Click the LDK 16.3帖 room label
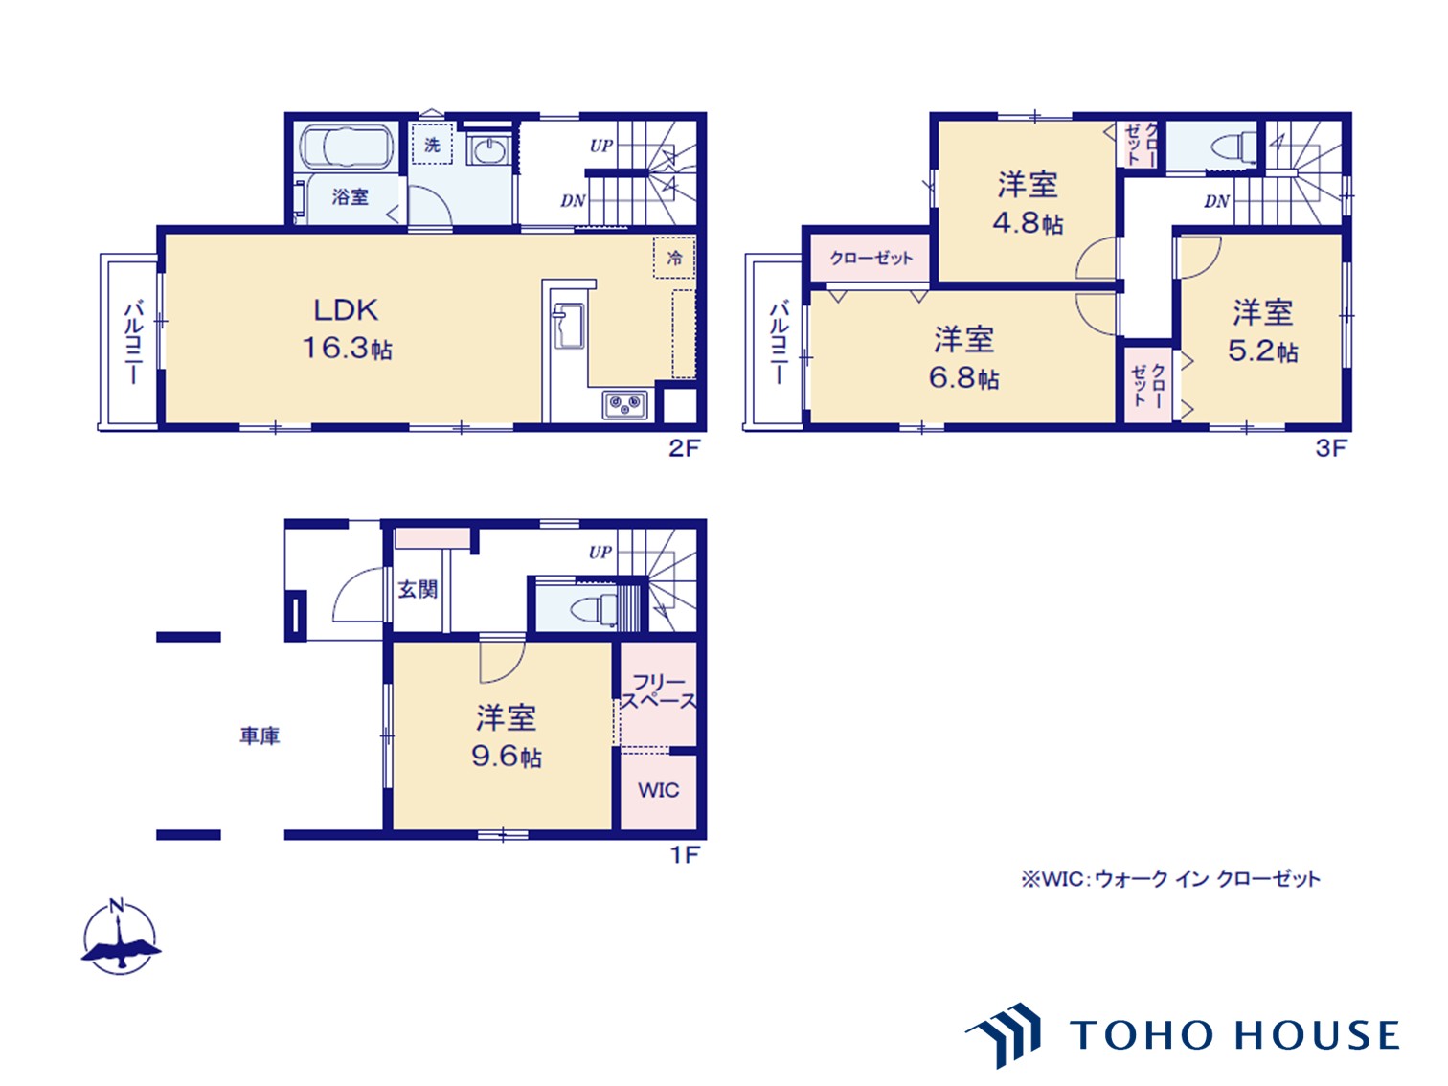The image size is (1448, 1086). click(x=347, y=328)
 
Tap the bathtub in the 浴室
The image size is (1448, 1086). click(x=347, y=147)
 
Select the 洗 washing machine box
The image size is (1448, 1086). click(x=432, y=144)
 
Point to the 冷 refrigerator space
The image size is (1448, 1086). click(x=674, y=258)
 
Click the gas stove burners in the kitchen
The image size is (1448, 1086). click(x=624, y=403)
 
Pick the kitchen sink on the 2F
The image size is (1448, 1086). click(x=568, y=325)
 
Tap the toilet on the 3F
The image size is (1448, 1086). click(x=1233, y=147)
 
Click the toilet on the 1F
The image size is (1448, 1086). click(x=593, y=609)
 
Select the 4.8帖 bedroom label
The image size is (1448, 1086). click(x=1028, y=203)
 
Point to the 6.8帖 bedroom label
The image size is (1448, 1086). click(x=963, y=359)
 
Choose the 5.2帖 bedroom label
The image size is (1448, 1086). click(x=1262, y=331)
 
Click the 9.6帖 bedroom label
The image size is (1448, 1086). click(x=507, y=736)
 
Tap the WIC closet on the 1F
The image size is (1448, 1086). click(x=658, y=791)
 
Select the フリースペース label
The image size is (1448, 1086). click(x=659, y=691)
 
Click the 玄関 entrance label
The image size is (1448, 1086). click(x=418, y=589)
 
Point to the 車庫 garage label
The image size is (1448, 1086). click(x=260, y=735)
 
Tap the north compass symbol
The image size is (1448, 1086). click(x=120, y=937)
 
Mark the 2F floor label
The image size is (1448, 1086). click(x=684, y=448)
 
